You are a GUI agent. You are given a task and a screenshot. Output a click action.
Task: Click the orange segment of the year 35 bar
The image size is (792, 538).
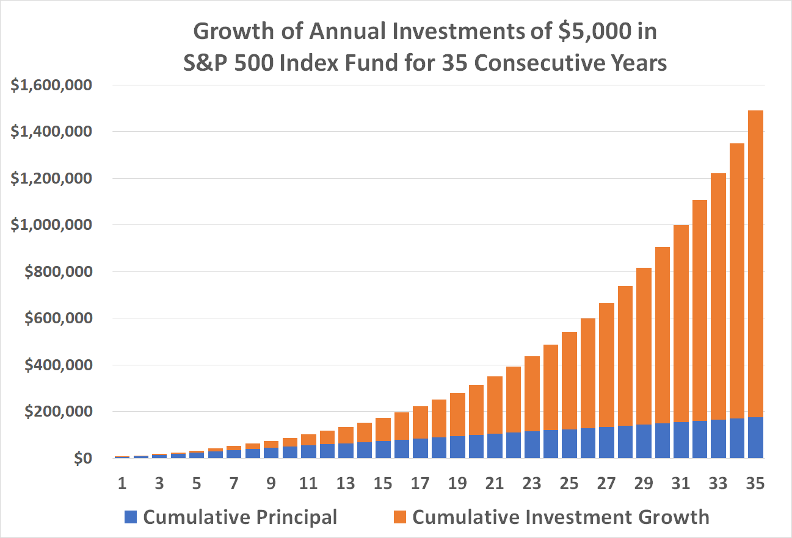click(x=755, y=262)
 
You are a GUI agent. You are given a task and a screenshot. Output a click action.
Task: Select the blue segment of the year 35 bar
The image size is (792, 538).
click(x=755, y=437)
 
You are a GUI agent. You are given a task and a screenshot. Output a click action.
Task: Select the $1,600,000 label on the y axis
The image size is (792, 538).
click(x=51, y=85)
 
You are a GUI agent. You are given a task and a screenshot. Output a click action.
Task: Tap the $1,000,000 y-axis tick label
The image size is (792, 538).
click(x=51, y=225)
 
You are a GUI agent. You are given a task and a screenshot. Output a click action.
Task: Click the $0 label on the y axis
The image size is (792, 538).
click(x=82, y=459)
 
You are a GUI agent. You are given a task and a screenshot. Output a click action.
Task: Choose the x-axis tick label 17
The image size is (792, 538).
click(x=420, y=483)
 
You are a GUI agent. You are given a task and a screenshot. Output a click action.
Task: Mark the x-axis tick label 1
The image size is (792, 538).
click(x=122, y=483)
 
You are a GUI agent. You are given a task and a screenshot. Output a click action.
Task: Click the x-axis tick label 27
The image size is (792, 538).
click(x=606, y=483)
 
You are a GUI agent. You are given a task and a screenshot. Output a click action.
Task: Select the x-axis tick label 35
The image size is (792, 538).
click(x=755, y=483)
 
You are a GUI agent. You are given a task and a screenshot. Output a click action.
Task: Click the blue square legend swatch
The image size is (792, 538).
click(x=130, y=517)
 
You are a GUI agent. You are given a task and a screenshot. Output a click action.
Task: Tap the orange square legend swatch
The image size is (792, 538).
click(x=400, y=517)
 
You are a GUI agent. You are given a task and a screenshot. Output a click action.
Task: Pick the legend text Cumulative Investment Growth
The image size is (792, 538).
click(x=561, y=517)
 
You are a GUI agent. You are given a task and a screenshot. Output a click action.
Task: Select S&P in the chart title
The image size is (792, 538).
click(x=208, y=63)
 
